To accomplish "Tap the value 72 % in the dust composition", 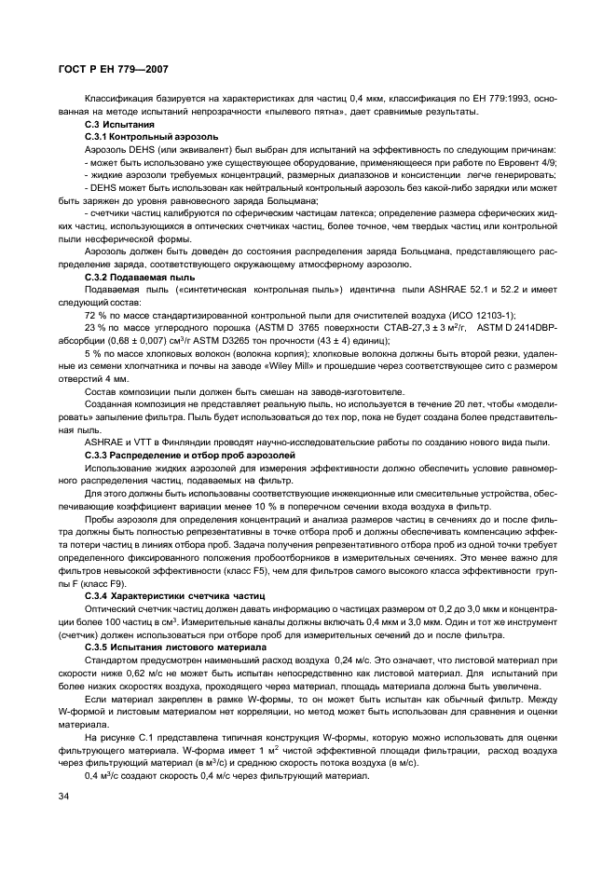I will click(x=94, y=317).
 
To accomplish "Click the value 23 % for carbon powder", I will click(x=94, y=329).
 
